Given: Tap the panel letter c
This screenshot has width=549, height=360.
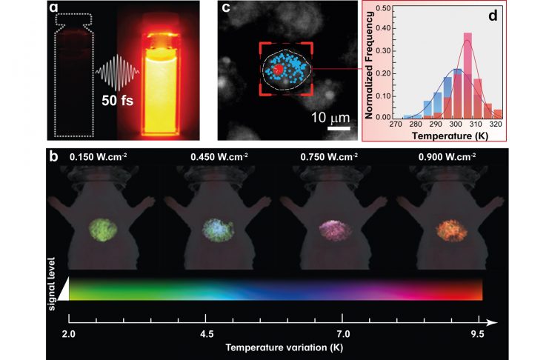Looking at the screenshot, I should [226, 10].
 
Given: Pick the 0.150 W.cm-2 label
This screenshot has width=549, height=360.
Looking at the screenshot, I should [96, 157].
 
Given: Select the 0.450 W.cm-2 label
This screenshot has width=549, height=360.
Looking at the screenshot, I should [209, 157].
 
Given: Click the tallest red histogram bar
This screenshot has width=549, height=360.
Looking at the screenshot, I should [467, 75].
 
